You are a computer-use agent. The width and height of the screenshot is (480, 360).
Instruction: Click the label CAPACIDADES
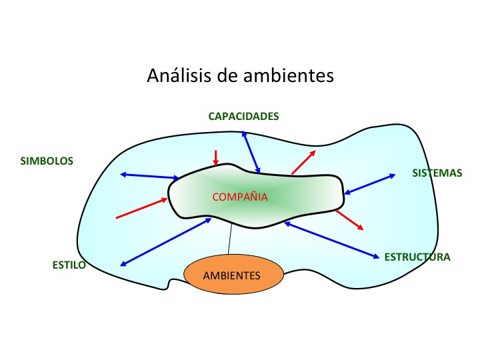pos(243,116)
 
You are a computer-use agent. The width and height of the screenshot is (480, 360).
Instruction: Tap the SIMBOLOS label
pos(47,161)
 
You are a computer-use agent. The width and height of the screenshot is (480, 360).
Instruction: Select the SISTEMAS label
pos(437,173)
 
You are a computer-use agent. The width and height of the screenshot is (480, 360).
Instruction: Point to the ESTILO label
pos(69,265)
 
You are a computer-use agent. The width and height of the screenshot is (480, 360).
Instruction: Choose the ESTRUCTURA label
pos(417,257)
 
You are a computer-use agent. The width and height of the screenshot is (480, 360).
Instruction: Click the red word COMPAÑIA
pos(239,197)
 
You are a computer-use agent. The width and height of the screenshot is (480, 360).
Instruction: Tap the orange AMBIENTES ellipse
pos(233,275)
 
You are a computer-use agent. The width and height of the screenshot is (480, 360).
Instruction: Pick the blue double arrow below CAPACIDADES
pos(251,152)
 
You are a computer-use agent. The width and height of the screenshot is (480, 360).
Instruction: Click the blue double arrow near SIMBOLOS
pos(150,176)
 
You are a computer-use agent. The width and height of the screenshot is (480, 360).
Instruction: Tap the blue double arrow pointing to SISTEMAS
pos(369,184)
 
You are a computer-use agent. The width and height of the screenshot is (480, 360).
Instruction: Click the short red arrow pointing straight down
pos(215,158)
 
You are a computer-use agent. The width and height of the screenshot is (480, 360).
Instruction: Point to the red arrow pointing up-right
pos(303,162)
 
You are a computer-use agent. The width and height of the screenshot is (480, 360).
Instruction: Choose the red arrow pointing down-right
pos(350,221)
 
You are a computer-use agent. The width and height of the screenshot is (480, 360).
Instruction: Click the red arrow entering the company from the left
pos(142,208)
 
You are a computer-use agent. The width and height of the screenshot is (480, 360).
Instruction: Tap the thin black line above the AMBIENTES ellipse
pos(230,239)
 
